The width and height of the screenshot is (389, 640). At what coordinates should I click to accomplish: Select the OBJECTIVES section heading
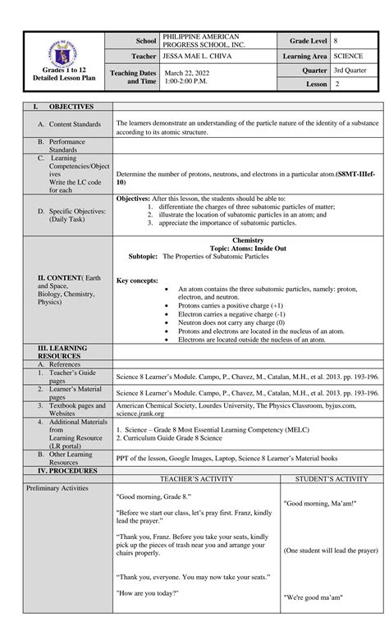click(x=71, y=107)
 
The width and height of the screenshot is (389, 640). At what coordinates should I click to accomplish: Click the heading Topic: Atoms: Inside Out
click(x=247, y=248)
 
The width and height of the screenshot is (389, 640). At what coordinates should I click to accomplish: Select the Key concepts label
click(x=137, y=281)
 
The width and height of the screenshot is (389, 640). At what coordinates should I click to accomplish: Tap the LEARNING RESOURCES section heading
click(x=66, y=353)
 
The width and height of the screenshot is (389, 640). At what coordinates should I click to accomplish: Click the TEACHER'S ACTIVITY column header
click(x=196, y=478)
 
